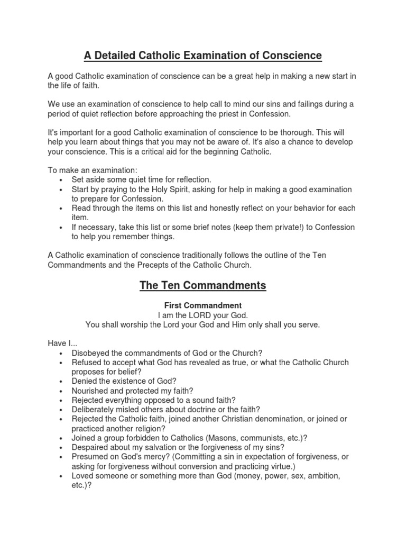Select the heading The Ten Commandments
pyautogui.click(x=203, y=286)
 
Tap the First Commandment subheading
pyautogui.click(x=203, y=305)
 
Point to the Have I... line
pyautogui.click(x=62, y=344)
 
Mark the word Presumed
pyautogui.click(x=90, y=456)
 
